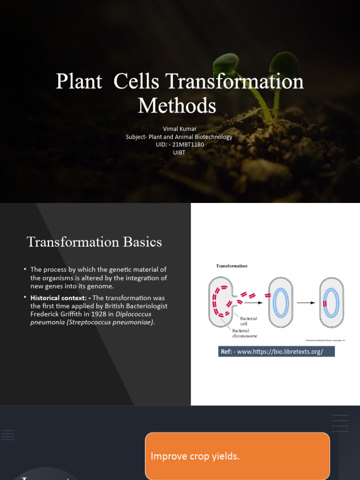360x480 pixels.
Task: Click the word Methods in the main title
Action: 177,105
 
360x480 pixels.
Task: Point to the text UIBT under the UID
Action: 179,152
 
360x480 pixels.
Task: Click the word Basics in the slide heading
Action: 142,242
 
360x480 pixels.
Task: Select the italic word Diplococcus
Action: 132,314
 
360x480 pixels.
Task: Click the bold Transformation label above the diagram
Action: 232,266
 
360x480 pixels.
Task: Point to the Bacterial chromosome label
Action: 244,333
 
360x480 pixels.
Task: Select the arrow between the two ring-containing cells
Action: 306,303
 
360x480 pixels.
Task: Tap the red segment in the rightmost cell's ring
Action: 325,303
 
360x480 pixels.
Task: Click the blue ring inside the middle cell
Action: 281,303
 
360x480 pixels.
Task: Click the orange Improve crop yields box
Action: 237,456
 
